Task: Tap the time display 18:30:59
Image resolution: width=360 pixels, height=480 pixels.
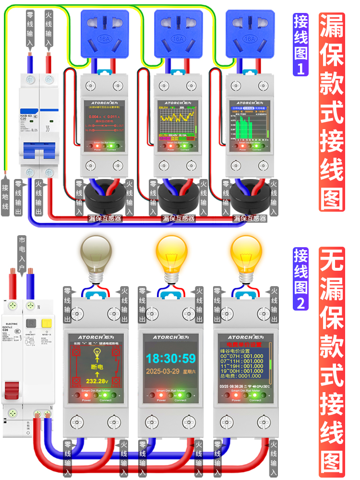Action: point(171,359)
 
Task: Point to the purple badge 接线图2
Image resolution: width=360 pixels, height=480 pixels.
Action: point(301,279)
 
